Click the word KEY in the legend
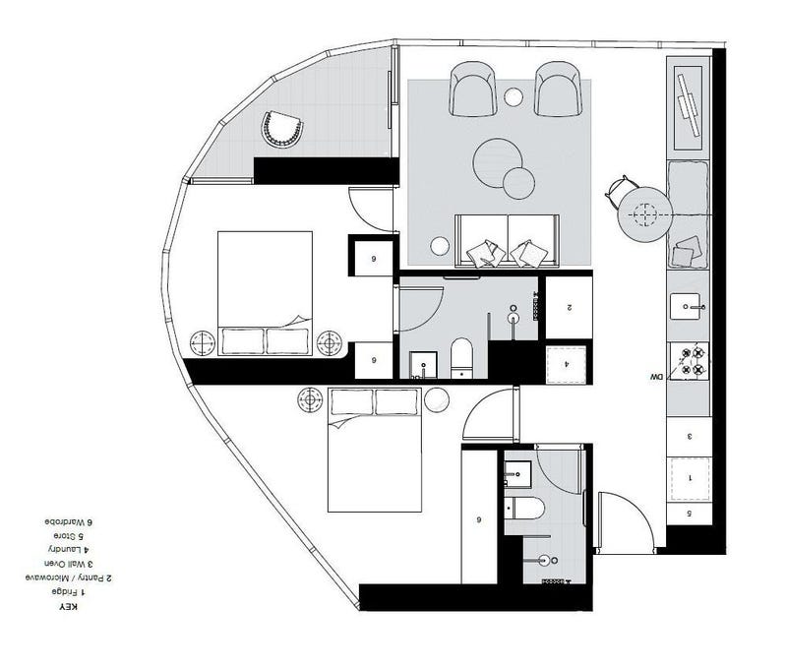click(69, 607)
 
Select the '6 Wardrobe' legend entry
click(69, 521)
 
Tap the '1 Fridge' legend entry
click(69, 592)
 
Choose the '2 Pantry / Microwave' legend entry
click(69, 578)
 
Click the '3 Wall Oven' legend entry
click(69, 564)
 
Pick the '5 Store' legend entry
click(69, 535)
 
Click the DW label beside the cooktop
click(656, 376)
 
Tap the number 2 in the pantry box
click(570, 308)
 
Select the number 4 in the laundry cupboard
click(567, 364)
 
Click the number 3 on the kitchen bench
click(690, 436)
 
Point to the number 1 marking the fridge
click(690, 478)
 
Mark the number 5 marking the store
click(690, 514)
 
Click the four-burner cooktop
click(690, 361)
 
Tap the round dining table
click(645, 214)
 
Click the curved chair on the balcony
click(282, 129)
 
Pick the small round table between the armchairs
click(514, 96)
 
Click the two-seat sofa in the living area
click(507, 240)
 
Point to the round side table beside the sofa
click(440, 246)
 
